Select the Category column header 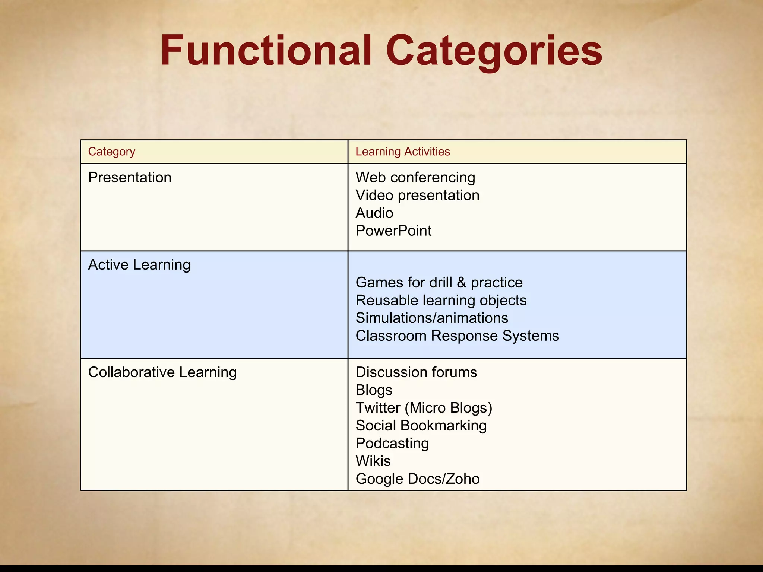pos(111,152)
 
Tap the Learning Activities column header pos(402,152)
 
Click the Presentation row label pos(130,177)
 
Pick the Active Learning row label pos(139,265)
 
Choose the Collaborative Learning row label pos(162,372)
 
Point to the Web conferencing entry pos(415,177)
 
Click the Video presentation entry pos(417,195)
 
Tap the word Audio pos(374,213)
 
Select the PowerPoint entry pos(393,231)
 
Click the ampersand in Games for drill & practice pos(461,282)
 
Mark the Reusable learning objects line pos(441,300)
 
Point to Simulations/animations pos(431,318)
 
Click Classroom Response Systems pos(457,336)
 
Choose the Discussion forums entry pos(416,372)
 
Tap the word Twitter pos(378,408)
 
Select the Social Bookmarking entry pos(421,426)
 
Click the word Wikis pos(373,461)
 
